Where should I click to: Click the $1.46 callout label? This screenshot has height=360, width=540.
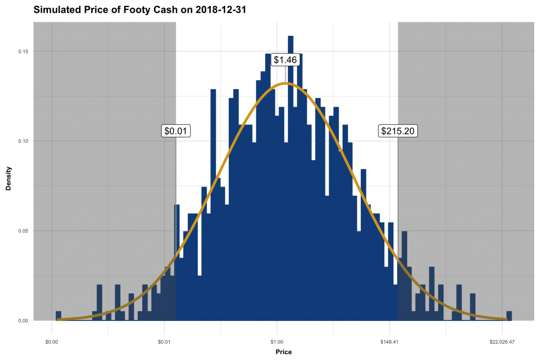point(285,60)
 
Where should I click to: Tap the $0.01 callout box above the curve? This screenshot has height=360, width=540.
point(176,131)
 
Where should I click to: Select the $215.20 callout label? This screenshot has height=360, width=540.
point(398,131)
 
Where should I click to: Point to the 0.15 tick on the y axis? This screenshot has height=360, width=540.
point(24,52)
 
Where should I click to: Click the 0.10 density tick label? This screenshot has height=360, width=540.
point(24,141)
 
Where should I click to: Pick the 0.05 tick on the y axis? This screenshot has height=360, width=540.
point(24,231)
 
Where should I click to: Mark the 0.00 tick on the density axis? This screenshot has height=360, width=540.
point(24,320)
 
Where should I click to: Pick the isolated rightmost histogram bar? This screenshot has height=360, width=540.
point(509,316)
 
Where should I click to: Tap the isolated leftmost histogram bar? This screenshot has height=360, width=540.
point(59,316)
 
